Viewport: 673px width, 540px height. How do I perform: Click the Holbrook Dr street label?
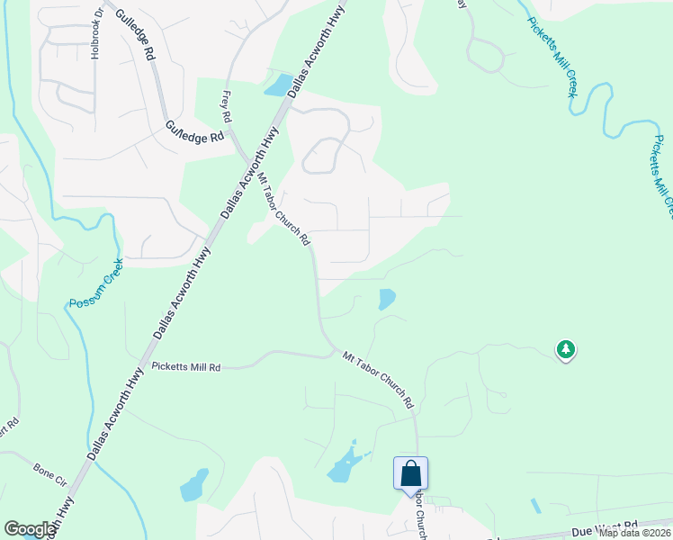point(96,36)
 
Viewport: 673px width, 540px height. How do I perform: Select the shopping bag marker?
point(410,473)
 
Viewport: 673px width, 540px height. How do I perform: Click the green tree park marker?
point(565,348)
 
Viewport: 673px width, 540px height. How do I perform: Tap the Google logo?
point(30,529)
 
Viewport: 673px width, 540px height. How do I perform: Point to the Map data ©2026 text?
point(633,532)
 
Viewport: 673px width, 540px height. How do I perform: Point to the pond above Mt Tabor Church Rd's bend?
point(386,299)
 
